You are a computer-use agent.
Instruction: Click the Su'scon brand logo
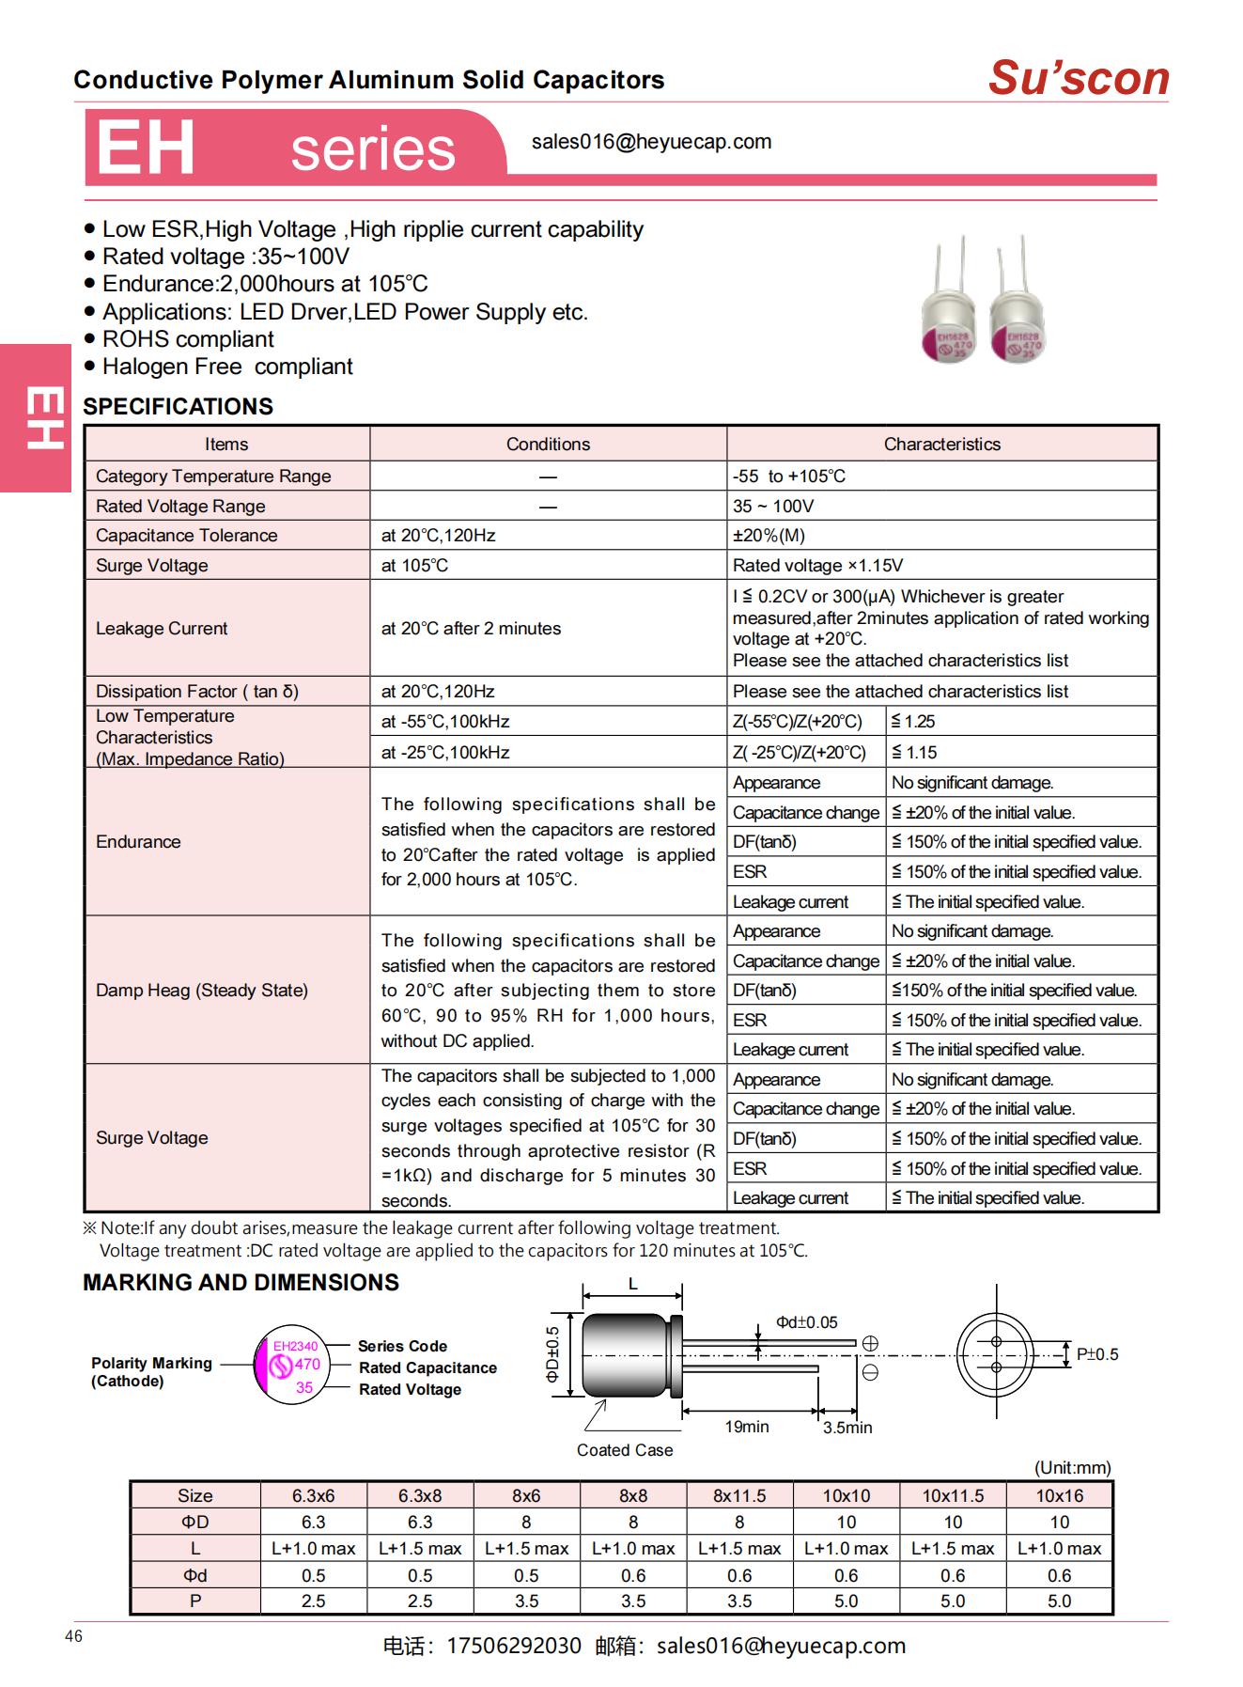[x=1078, y=78]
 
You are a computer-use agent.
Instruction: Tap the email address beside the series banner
[x=651, y=142]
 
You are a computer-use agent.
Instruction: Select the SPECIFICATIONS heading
[x=178, y=407]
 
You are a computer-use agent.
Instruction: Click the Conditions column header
[x=548, y=445]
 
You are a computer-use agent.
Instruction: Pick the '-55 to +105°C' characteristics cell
[x=789, y=476]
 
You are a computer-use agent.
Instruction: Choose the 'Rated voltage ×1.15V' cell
[x=817, y=566]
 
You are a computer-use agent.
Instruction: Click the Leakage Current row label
[x=162, y=629]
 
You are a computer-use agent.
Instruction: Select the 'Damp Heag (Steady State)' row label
[x=202, y=991]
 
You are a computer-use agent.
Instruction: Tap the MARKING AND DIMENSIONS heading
[x=241, y=1283]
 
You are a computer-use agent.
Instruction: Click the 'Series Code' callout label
[x=402, y=1346]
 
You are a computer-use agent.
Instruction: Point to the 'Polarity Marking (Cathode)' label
[x=151, y=1372]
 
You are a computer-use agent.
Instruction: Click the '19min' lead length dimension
[x=747, y=1427]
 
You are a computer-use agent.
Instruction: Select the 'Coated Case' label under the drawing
[x=625, y=1450]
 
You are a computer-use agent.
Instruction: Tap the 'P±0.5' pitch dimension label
[x=1096, y=1354]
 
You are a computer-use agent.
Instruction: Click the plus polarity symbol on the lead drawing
[x=870, y=1344]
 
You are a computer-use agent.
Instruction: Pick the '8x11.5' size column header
[x=739, y=1495]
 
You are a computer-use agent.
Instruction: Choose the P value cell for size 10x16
[x=1059, y=1601]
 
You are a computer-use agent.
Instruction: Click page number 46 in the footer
[x=74, y=1636]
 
